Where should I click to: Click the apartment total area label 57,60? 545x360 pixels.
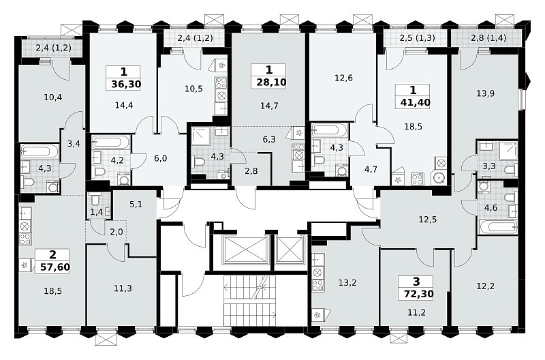point(55,267)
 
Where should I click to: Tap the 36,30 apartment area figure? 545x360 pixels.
point(126,84)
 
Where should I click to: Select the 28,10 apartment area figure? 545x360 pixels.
point(271,82)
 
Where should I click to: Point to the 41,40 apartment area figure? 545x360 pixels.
point(416,102)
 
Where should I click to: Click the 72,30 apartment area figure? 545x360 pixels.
point(419,294)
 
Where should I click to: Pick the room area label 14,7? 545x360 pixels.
point(269,106)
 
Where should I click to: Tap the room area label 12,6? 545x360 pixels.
point(343,78)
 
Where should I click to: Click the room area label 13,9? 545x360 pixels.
point(485,93)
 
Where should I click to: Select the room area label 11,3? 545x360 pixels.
point(123,288)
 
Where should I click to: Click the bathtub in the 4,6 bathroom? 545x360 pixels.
point(498,227)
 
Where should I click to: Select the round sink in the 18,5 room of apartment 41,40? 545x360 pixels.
point(439,179)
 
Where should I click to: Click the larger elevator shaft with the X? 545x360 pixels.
point(245,250)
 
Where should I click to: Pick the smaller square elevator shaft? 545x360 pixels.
point(290,250)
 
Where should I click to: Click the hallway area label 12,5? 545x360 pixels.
point(428,220)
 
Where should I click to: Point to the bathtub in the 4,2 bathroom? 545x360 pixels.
point(111,143)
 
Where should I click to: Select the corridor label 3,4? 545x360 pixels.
point(74,143)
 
